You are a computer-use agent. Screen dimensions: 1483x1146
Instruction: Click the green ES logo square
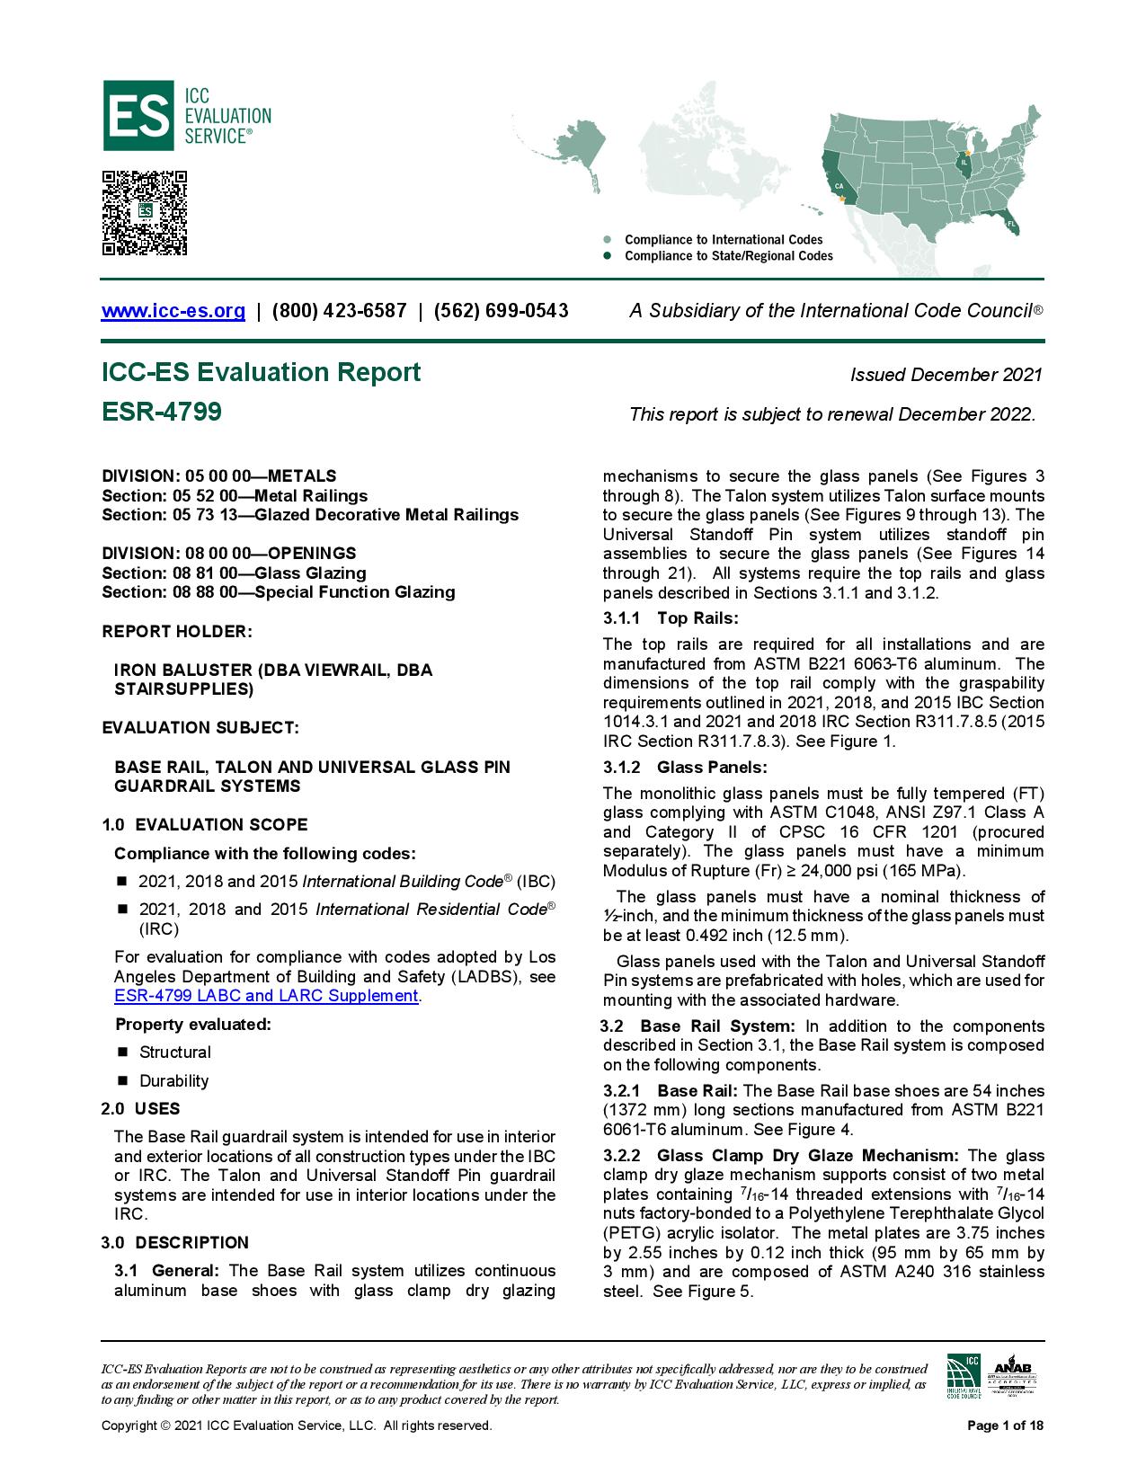point(138,115)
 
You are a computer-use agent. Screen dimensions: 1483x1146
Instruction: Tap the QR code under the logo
point(144,213)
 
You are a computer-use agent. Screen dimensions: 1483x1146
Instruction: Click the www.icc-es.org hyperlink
point(173,311)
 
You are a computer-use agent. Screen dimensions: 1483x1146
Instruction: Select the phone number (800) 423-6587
point(339,311)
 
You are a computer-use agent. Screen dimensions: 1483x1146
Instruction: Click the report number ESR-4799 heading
point(162,412)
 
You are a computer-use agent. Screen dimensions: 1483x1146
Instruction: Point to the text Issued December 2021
point(946,375)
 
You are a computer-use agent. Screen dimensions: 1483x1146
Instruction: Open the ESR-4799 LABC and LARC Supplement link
point(266,996)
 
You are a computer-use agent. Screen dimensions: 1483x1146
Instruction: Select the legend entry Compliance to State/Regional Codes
point(728,256)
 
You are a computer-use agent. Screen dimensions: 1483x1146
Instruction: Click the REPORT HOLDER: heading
point(177,632)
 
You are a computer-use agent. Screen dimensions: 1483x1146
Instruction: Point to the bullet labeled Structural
point(174,1052)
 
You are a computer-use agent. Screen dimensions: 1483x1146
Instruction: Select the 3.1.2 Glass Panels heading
point(685,768)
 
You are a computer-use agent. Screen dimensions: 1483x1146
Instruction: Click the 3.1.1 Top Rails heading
point(671,618)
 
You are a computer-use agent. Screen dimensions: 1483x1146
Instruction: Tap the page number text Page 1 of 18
point(1005,1425)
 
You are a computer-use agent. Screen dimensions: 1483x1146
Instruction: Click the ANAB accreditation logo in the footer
point(1012,1376)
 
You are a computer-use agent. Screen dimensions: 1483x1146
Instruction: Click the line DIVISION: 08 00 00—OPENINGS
point(228,554)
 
